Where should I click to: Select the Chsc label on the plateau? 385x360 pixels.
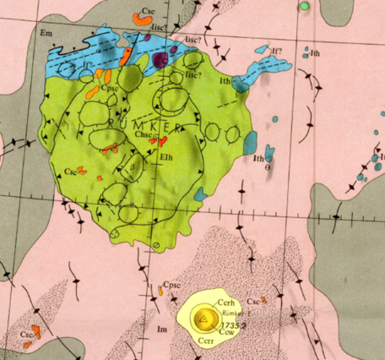147,135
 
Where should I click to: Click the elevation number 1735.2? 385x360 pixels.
231,324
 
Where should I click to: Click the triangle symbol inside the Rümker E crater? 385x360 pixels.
202,319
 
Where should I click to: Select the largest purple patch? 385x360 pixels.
161,60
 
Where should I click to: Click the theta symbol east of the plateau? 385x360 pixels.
268,167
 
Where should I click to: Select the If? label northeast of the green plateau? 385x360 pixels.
276,52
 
